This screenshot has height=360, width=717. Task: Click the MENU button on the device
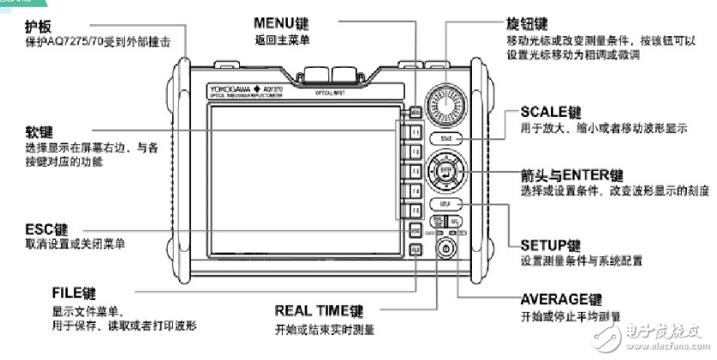pos(414,112)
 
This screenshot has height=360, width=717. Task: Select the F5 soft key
pos(414,211)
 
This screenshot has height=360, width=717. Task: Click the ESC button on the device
pos(414,230)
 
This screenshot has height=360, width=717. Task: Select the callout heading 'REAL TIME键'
pos(319,310)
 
